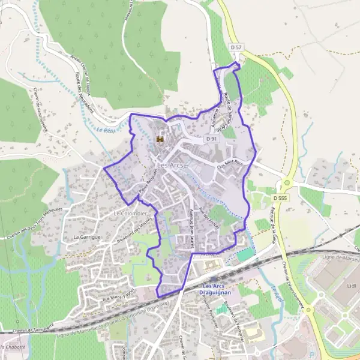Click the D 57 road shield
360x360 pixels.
pos(236,46)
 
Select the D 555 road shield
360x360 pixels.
pos(279,197)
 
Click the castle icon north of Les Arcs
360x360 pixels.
pos(160,139)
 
